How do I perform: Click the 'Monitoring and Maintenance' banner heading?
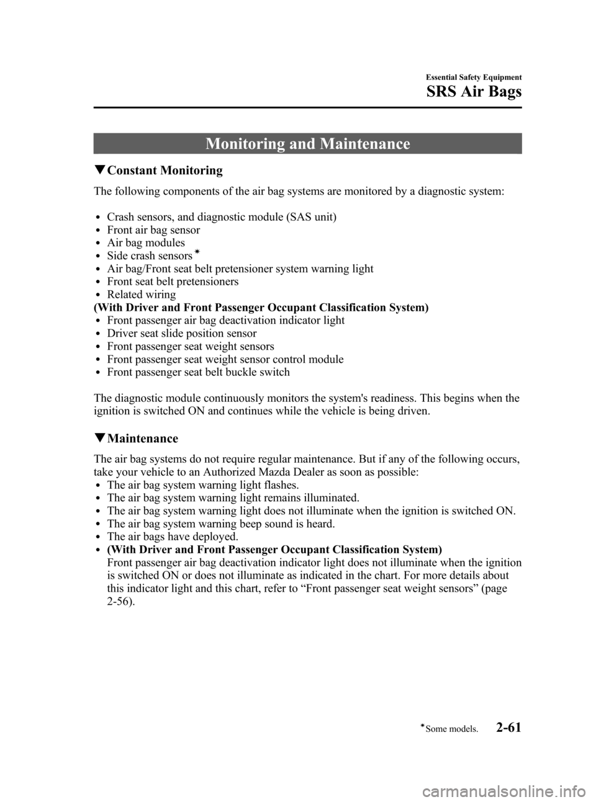(307, 144)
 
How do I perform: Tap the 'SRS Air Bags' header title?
(474, 92)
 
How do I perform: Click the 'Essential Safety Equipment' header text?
(474, 78)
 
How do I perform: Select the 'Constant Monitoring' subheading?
(165, 171)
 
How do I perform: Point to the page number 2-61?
(508, 727)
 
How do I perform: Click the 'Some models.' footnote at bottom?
(451, 729)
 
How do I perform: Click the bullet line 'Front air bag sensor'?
(153, 230)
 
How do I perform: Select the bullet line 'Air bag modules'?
(146, 243)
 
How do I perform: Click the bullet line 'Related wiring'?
(142, 295)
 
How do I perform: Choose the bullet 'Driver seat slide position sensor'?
(182, 334)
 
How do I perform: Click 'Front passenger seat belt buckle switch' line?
(198, 372)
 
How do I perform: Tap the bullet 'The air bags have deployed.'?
(173, 537)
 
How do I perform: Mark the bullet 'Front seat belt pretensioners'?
(173, 282)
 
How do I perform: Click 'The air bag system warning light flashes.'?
(203, 485)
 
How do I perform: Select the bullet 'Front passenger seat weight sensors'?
(191, 347)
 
